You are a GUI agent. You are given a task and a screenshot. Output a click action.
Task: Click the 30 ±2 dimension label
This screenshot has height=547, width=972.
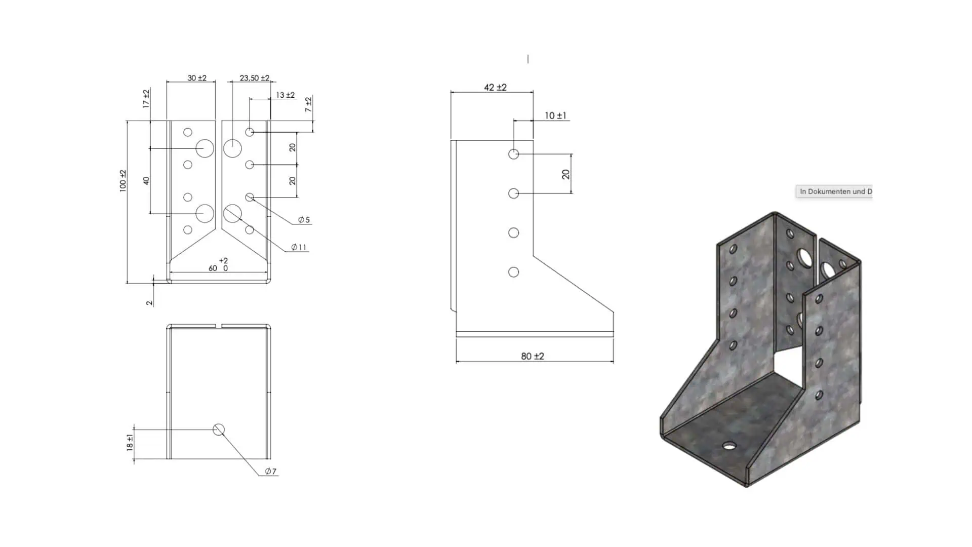(197, 78)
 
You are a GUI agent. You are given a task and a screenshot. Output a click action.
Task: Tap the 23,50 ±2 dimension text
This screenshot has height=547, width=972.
(255, 78)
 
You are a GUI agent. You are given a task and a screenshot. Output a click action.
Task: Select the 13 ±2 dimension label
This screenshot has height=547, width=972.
(286, 95)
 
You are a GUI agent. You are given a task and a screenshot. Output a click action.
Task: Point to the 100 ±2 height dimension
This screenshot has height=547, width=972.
(123, 180)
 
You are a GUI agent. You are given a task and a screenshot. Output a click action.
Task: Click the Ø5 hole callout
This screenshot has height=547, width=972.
(304, 220)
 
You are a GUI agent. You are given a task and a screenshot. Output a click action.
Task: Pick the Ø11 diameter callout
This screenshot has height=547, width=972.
(299, 247)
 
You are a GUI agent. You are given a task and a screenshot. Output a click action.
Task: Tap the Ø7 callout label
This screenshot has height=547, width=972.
(271, 472)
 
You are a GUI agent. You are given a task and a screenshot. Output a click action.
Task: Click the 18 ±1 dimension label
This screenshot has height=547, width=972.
(130, 443)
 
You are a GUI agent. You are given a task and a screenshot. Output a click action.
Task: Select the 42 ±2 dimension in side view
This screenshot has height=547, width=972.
(495, 87)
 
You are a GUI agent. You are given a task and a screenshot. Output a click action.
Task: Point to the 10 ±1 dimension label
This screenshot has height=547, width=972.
(555, 115)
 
